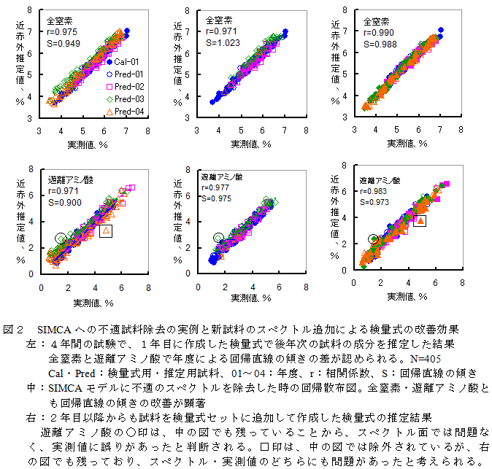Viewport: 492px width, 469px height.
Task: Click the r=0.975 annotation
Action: click(x=64, y=32)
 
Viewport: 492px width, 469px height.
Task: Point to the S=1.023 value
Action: click(x=223, y=43)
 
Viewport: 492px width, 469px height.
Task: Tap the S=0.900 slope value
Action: click(x=66, y=202)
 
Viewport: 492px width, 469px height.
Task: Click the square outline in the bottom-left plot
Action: click(x=105, y=230)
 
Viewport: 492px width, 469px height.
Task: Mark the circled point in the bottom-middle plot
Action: click(x=218, y=238)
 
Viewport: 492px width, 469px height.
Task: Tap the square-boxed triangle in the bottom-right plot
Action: click(x=420, y=220)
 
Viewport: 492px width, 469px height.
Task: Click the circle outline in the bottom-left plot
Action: click(x=61, y=239)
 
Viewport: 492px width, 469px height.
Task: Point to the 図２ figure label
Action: click(x=15, y=329)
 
